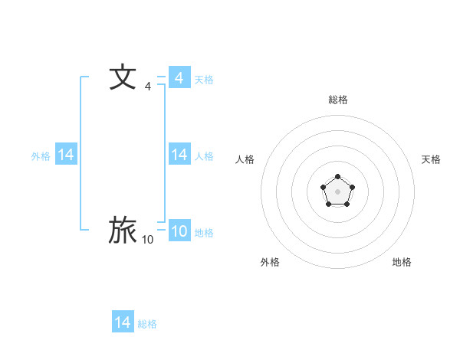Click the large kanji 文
coord(123,77)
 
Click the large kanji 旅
coord(123,230)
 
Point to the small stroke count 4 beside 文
coord(147,87)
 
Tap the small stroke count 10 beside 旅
coord(147,240)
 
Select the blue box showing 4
coord(179,77)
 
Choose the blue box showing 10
coord(179,231)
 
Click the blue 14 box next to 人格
coord(179,155)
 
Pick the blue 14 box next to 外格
coord(66,155)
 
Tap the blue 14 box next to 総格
coord(123,322)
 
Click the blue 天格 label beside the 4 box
coord(204,80)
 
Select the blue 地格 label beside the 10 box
coord(204,233)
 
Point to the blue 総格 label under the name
coord(147,324)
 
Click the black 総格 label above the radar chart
coord(337,100)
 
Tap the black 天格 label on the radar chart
coord(431,159)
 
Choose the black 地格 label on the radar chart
coord(402,262)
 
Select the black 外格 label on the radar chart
coord(270,262)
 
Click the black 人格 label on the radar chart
coord(245,159)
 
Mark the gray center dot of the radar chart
coord(337,191)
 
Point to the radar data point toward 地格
coord(347,204)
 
